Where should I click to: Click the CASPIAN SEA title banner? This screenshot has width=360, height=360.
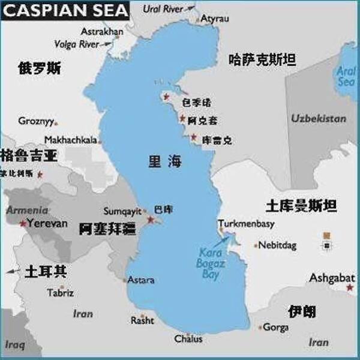pos(65,10)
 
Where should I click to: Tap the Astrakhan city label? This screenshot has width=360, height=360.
pos(102,31)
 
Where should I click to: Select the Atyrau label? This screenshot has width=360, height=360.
pos(215,19)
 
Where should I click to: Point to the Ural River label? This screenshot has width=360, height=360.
pos(164,8)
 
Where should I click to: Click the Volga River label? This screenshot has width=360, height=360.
pos(76,44)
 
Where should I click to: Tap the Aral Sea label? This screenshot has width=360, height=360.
pos(346,76)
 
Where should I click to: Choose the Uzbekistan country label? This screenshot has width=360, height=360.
pos(319,118)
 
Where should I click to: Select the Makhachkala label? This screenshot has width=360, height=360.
pos(70,140)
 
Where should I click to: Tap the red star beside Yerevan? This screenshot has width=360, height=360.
pos(23,223)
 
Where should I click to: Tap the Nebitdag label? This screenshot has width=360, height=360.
pos(278,245)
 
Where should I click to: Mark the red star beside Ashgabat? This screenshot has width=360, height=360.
pos(350,288)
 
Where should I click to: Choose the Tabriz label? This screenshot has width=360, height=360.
pos(61,293)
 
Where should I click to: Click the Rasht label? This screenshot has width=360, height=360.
pos(142,321)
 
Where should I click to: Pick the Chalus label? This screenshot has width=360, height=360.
pos(188,339)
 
